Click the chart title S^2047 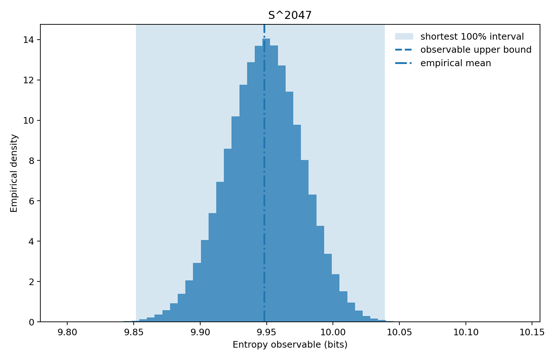coord(290,15)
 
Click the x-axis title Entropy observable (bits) coord(290,345)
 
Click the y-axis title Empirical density coord(14,173)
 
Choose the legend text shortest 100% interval coord(472,37)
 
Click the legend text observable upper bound coord(476,50)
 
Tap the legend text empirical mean coord(455,63)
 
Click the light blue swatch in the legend coord(404,36)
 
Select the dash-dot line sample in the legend coord(404,63)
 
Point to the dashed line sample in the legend coord(404,50)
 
